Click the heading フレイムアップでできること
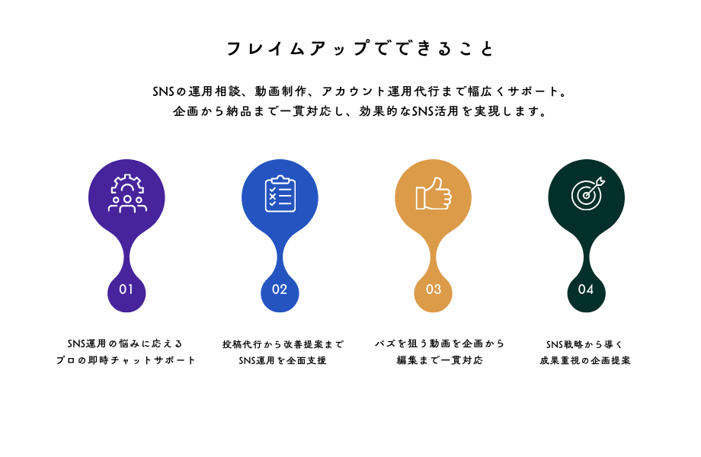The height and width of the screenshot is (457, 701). (x=360, y=48)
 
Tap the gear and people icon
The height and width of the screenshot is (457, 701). (x=127, y=193)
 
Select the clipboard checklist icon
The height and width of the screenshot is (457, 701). (x=280, y=193)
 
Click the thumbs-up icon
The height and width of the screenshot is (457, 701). (x=434, y=193)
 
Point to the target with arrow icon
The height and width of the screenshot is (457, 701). (x=587, y=193)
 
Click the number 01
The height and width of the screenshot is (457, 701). (x=126, y=289)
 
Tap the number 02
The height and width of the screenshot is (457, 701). (x=280, y=289)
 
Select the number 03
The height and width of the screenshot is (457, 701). (x=434, y=289)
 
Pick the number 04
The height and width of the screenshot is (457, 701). (x=586, y=289)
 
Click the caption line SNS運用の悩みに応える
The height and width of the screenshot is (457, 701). (x=125, y=344)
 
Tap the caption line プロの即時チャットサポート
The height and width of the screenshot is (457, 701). (x=126, y=360)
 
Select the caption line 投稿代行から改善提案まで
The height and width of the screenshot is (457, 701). (x=283, y=344)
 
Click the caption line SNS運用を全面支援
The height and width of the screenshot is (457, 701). (x=283, y=360)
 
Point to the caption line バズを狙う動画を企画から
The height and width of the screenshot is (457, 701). (x=440, y=344)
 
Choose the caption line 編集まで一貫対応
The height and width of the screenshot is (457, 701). (x=440, y=360)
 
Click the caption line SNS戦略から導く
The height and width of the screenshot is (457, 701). (x=584, y=344)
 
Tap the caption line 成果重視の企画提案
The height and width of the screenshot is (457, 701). (x=584, y=360)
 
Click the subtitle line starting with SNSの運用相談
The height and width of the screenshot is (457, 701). (x=360, y=91)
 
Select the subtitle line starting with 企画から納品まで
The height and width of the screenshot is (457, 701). (x=360, y=111)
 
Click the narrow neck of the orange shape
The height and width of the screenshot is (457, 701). (x=434, y=257)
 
